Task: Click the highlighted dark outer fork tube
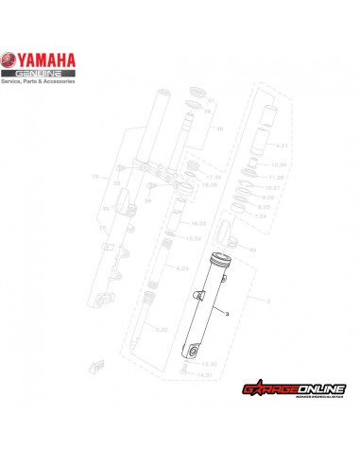click(x=206, y=312)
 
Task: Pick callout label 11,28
click(x=278, y=178)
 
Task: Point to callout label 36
click(x=219, y=127)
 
